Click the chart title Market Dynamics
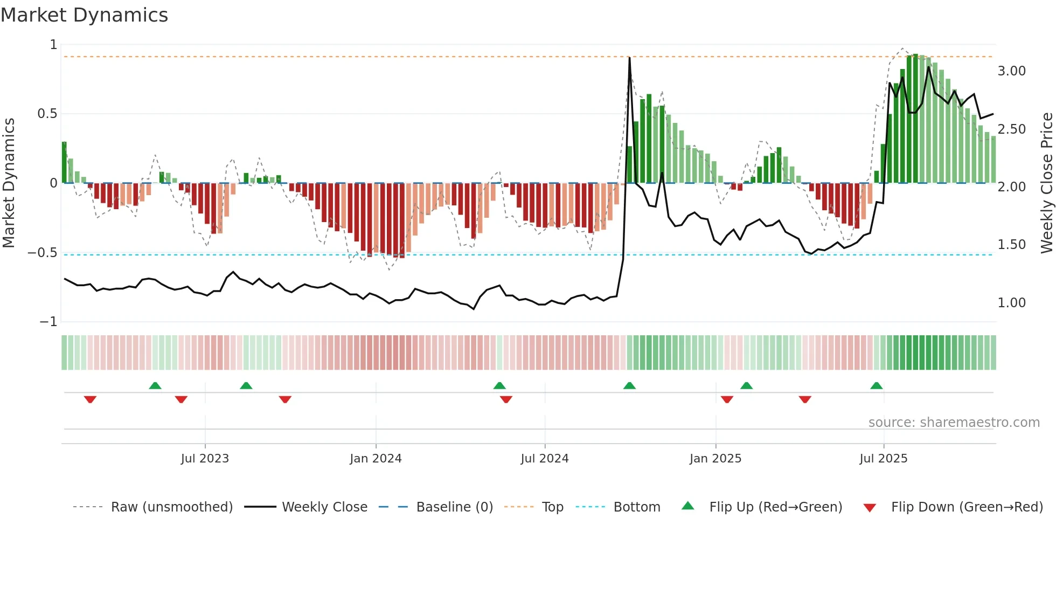85,15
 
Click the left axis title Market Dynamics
9,183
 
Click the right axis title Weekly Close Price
1046,183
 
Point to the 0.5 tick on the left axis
47,114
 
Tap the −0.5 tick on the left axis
43,253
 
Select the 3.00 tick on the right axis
1011,71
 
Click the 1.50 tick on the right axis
1011,245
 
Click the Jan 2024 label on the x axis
376,459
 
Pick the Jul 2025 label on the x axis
883,459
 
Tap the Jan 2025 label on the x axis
715,459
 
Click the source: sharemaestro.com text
954,423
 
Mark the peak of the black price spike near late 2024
629,58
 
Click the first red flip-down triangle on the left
90,399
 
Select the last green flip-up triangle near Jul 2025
876,385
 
